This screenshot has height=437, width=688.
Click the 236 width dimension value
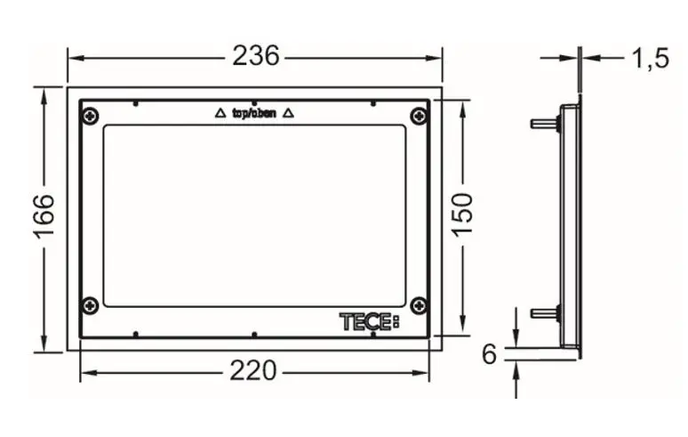(x=255, y=56)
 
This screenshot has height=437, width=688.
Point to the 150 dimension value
(x=463, y=214)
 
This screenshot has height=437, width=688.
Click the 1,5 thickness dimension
(x=650, y=59)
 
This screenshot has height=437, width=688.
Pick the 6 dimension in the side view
(x=490, y=354)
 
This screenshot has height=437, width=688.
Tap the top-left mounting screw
(x=90, y=116)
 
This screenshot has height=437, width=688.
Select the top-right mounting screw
(x=419, y=116)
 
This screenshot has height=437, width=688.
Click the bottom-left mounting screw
(x=90, y=305)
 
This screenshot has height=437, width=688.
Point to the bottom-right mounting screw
(x=419, y=305)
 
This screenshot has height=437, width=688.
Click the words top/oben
(x=253, y=113)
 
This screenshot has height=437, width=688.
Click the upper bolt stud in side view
(x=543, y=123)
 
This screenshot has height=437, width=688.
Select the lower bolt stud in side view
(x=543, y=312)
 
